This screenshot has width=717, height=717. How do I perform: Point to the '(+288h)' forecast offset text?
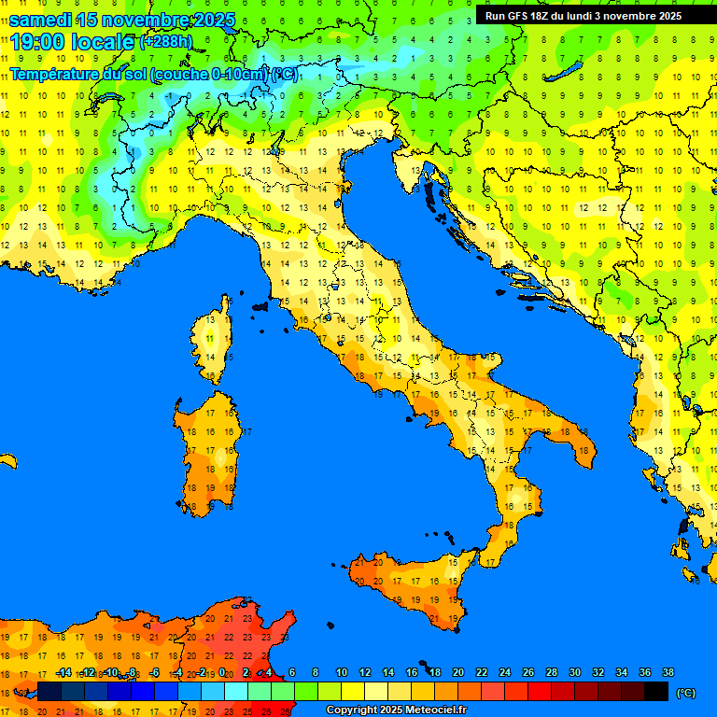click(x=168, y=42)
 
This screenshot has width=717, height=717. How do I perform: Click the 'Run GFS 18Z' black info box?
click(x=583, y=15)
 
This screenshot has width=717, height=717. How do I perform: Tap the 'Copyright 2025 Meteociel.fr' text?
click(x=395, y=710)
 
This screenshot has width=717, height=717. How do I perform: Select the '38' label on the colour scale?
click(x=668, y=672)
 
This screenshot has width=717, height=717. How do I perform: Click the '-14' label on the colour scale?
click(x=63, y=672)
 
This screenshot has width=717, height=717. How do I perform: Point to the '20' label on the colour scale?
click(x=458, y=672)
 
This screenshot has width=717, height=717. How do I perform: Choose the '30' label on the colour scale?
click(x=575, y=672)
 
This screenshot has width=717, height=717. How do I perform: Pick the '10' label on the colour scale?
click(x=342, y=672)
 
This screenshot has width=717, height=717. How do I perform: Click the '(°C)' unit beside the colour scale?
click(x=686, y=693)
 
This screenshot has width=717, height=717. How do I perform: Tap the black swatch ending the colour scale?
click(x=656, y=692)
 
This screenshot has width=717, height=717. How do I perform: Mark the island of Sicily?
click(x=411, y=583)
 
